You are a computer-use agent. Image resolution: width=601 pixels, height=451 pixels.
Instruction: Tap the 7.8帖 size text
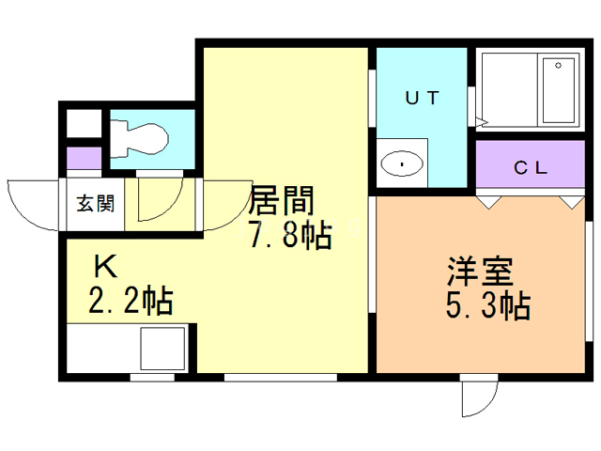[289, 235]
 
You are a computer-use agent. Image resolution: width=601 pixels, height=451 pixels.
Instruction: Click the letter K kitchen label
[105, 268]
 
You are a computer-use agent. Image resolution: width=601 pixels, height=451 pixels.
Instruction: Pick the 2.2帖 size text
[130, 302]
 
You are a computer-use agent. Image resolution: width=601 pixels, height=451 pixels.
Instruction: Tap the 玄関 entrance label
[95, 203]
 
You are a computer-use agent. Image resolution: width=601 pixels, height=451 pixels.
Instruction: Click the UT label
[422, 97]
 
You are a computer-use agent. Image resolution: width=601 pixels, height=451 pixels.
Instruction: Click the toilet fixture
[140, 138]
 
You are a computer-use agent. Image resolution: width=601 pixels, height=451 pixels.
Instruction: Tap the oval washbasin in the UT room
[403, 164]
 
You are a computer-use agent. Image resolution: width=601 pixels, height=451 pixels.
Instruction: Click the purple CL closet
[531, 166]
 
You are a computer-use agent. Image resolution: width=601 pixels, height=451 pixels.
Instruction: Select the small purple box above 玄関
[83, 157]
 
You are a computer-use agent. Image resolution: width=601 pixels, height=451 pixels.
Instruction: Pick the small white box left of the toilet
[82, 124]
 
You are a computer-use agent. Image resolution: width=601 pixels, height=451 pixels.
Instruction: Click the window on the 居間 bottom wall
[280, 377]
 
